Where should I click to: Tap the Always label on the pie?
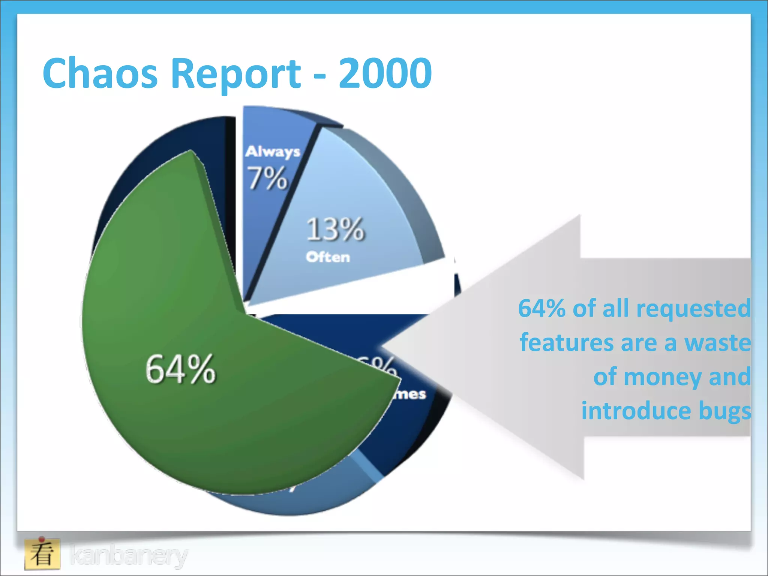click(x=273, y=152)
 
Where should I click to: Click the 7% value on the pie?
click(x=267, y=178)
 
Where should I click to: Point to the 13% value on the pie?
click(x=335, y=229)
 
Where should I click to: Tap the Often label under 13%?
click(x=328, y=257)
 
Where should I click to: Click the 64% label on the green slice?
click(x=180, y=370)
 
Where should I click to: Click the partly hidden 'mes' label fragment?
click(x=411, y=394)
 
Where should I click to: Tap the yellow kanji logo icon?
click(x=42, y=553)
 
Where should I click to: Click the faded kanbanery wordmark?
click(x=129, y=555)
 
